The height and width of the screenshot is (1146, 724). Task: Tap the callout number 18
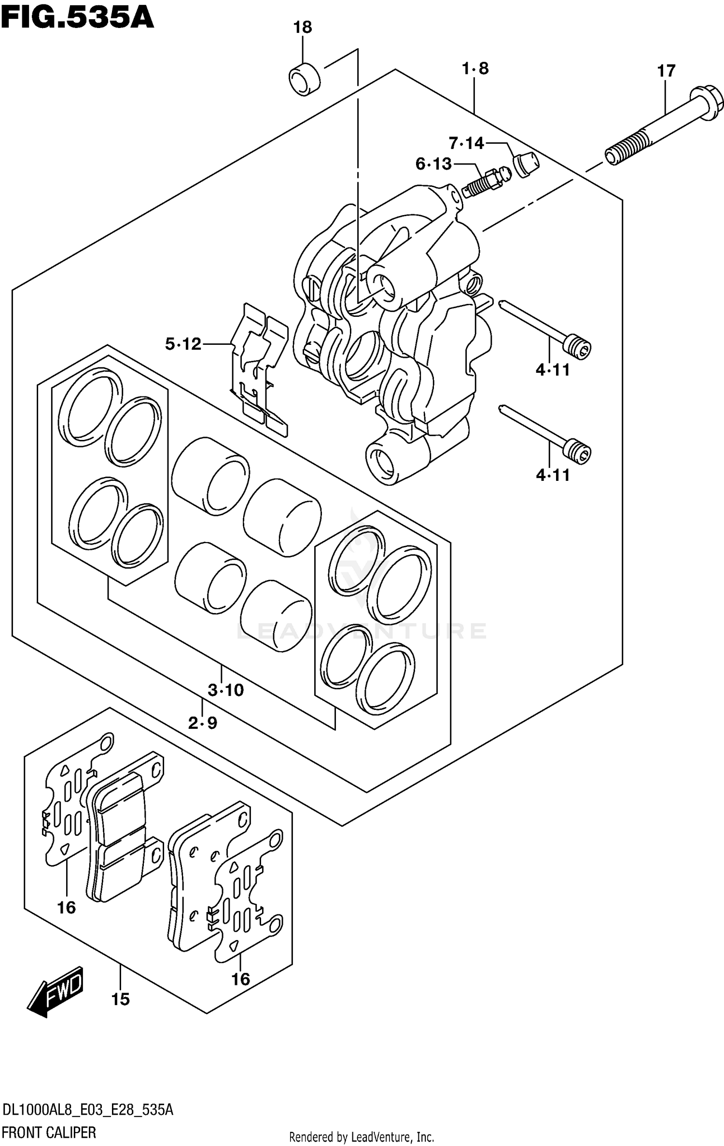303,27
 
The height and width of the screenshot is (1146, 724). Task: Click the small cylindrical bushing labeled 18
305,79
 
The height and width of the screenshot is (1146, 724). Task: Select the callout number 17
666,71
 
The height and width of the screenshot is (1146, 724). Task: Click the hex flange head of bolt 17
707,103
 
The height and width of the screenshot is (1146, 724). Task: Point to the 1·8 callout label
475,69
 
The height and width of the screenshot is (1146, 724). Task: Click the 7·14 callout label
466,143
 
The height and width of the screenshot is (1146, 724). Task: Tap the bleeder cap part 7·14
526,164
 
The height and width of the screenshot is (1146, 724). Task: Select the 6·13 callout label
433,164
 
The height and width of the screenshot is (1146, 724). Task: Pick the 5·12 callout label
183,344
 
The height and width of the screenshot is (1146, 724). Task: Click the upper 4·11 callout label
553,370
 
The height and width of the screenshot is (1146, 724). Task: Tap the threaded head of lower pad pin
577,451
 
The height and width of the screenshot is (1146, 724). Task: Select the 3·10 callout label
225,691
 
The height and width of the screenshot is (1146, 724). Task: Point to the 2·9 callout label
203,723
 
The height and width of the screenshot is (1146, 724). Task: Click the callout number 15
120,999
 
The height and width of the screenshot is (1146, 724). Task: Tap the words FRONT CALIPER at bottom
49,1132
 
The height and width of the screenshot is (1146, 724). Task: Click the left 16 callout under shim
67,908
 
